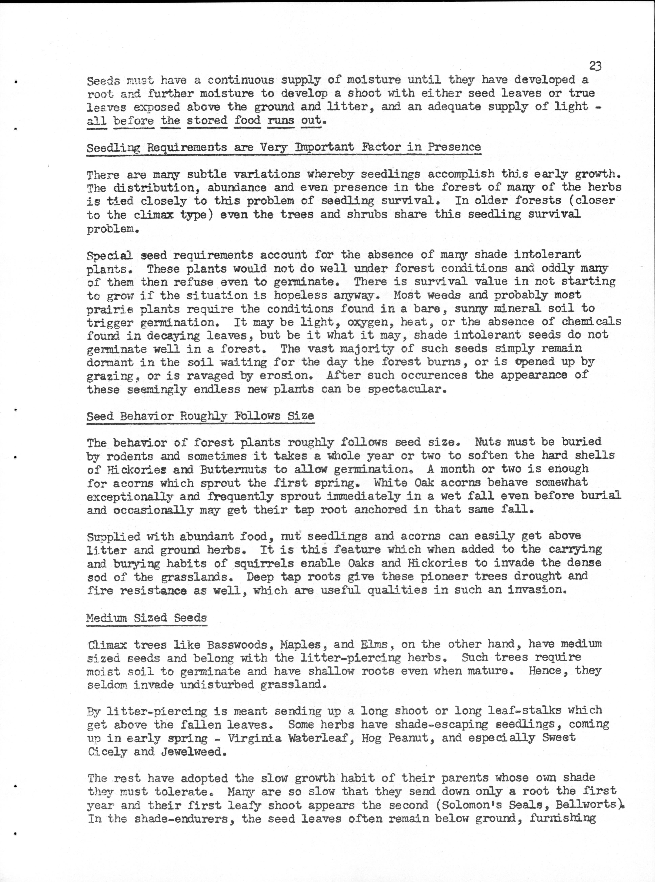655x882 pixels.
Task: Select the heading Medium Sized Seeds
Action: click(147, 618)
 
